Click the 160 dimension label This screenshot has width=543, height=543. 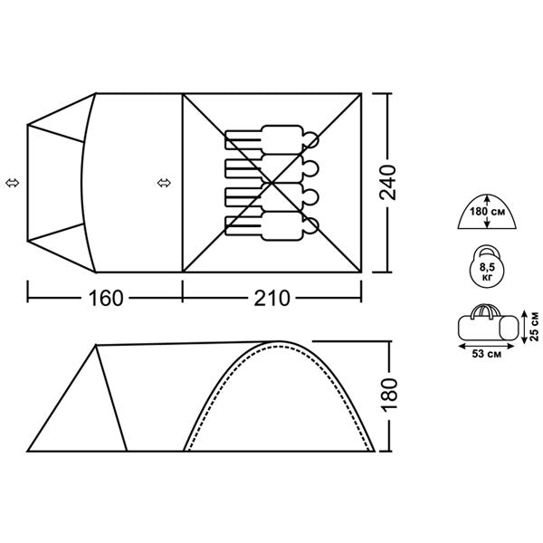point(106,298)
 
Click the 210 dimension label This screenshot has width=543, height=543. point(271,298)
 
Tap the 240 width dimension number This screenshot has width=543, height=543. point(388,182)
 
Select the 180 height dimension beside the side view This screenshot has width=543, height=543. point(390,395)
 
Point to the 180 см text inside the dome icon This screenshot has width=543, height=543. point(487,211)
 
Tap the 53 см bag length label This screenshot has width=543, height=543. point(487,354)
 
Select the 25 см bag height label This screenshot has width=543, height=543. point(535,327)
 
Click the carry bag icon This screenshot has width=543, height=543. point(489,323)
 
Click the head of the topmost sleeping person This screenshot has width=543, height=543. point(310,140)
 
